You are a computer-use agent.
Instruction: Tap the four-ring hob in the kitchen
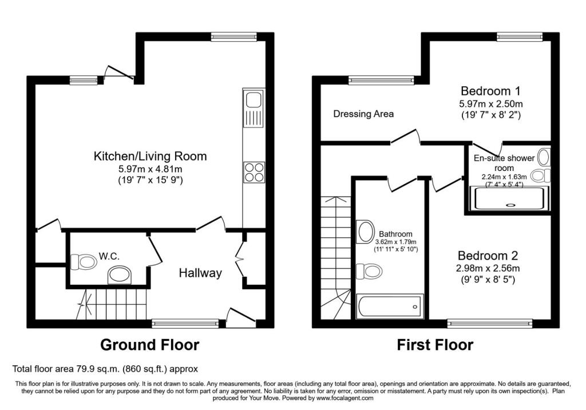click(x=254, y=172)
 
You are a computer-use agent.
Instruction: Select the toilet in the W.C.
click(x=84, y=262)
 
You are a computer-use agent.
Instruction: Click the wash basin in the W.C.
click(x=120, y=275)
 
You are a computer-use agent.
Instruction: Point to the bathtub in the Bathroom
click(x=390, y=306)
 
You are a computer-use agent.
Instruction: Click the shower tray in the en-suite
click(x=509, y=198)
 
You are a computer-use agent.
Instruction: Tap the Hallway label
click(x=200, y=273)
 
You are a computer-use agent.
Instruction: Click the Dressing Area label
click(x=363, y=114)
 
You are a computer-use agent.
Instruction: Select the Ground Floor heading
click(x=149, y=345)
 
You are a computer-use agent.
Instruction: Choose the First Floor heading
click(x=435, y=345)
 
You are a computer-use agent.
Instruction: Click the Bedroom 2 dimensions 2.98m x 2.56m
click(x=488, y=268)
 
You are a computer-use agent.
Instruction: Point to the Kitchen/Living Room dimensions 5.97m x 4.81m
click(x=150, y=169)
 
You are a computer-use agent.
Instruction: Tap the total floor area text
click(x=105, y=369)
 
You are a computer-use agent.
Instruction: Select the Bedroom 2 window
click(x=490, y=324)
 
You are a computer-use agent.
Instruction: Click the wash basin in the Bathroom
click(x=366, y=232)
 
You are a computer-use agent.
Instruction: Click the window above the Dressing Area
click(x=381, y=80)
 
